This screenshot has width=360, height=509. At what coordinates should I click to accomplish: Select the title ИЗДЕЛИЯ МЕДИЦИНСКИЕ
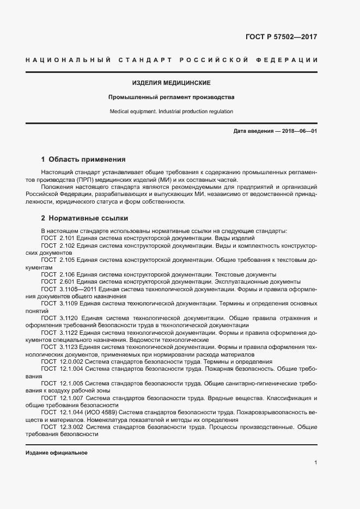click(171, 83)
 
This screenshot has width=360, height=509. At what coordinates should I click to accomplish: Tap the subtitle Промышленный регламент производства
click(171, 97)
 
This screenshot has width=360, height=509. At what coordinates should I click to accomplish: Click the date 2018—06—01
click(298, 131)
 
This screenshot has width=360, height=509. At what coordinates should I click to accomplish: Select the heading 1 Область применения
click(83, 160)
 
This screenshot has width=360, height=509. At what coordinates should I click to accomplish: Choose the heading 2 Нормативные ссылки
click(84, 218)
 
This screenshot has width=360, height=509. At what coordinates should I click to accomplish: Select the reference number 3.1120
click(69, 317)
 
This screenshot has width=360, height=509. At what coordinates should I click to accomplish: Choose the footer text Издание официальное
click(57, 453)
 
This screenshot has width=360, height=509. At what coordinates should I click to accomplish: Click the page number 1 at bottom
click(315, 463)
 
